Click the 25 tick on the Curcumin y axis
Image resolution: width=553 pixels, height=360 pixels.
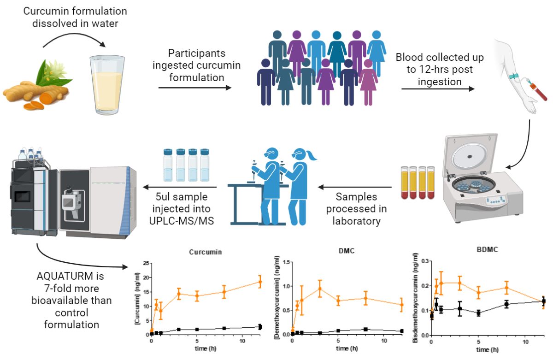(x=146, y=263)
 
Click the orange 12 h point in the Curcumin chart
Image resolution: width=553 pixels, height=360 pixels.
(x=259, y=282)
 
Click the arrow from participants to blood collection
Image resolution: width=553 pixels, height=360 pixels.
(x=437, y=88)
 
